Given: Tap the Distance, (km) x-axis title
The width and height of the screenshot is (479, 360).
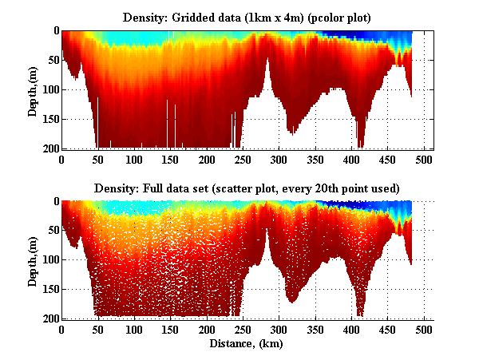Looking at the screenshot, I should (247, 344).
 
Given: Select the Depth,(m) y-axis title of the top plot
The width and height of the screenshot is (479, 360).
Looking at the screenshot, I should (34, 89).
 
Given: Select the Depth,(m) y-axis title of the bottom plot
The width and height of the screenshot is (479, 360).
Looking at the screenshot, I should (34, 260).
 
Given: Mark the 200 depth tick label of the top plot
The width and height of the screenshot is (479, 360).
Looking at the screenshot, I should (49, 148).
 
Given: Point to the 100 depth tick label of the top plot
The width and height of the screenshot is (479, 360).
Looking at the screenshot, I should (49, 89).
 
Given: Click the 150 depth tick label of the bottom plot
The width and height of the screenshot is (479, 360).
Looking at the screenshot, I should (49, 290).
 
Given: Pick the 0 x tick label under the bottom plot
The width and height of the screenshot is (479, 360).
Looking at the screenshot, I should (61, 330).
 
